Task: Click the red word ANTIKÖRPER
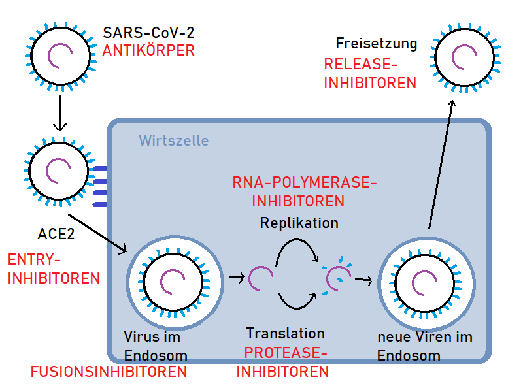pos(148,50)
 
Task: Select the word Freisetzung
pos(376,44)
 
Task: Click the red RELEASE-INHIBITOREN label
pos(370,73)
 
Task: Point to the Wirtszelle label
pos(174,140)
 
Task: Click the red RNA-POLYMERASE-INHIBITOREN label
pos(305,191)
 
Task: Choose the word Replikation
pos(299,223)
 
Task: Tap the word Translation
pos(285,333)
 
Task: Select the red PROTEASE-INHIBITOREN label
pos(283,362)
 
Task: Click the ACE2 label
pos(56,233)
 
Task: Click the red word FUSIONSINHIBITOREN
pos(109,372)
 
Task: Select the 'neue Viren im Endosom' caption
pos(425,347)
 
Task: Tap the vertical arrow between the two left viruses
pos(59,112)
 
